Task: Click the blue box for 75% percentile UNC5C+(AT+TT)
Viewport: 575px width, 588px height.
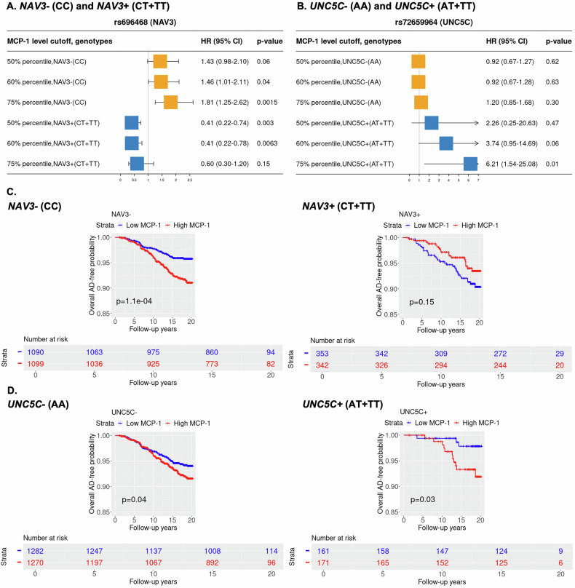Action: pyautogui.click(x=470, y=164)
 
